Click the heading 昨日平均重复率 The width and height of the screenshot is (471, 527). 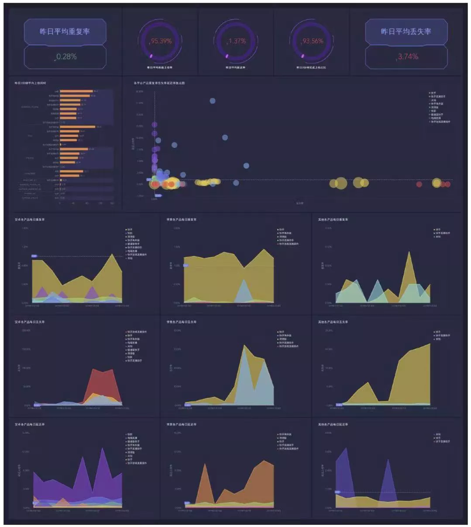pyautogui.click(x=65, y=31)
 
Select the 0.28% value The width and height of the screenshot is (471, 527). pyautogui.click(x=66, y=57)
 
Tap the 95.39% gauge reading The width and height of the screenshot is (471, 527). pyautogui.click(x=161, y=41)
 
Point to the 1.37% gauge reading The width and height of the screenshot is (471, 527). pyautogui.click(x=237, y=41)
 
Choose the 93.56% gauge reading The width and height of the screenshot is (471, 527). pyautogui.click(x=313, y=41)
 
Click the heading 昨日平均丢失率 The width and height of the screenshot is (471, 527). pyautogui.click(x=406, y=31)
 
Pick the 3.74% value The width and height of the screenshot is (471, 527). pyautogui.click(x=408, y=57)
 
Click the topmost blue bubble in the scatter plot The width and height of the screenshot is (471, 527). pyautogui.click(x=213, y=101)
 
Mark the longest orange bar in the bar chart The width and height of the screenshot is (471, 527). pyautogui.click(x=77, y=127)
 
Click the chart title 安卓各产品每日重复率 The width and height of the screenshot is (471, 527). pyautogui.click(x=30, y=219)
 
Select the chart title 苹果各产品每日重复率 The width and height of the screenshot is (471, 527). pyautogui.click(x=182, y=219)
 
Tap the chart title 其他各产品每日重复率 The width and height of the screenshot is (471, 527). pyautogui.click(x=333, y=219)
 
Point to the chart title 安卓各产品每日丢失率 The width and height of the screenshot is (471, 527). pyautogui.click(x=30, y=322)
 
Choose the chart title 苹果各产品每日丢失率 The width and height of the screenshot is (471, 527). pyautogui.click(x=182, y=322)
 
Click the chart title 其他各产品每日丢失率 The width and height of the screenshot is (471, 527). pyautogui.click(x=333, y=322)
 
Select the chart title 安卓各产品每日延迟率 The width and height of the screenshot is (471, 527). pyautogui.click(x=30, y=424)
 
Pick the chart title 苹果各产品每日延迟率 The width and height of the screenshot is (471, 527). pyautogui.click(x=182, y=424)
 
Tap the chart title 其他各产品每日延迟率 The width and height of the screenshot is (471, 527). pyautogui.click(x=333, y=424)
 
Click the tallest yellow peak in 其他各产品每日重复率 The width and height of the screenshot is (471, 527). pyautogui.click(x=409, y=253)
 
